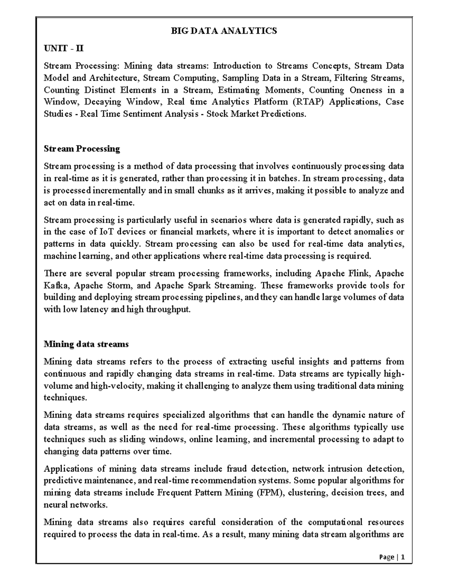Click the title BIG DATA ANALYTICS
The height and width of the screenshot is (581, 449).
[x=224, y=31]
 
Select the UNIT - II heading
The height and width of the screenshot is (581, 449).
[x=64, y=48]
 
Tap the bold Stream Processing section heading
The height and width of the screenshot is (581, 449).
[x=82, y=149]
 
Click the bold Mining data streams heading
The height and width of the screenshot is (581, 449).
[x=86, y=344]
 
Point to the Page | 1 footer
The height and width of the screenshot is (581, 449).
[x=392, y=557]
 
